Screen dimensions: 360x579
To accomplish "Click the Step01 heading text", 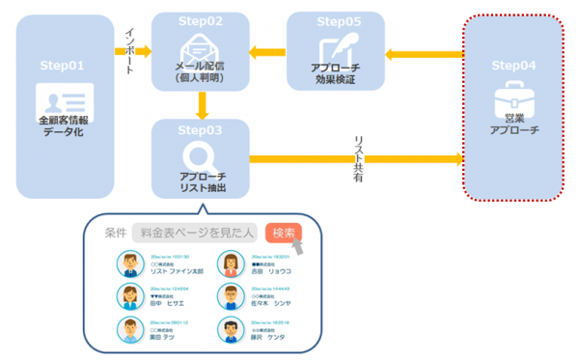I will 63,66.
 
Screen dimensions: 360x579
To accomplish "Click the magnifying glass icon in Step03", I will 200,155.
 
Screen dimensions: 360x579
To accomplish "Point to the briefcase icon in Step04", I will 513,99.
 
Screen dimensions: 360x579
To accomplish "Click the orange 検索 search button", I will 285,233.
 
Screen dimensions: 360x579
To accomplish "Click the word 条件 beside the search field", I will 116,233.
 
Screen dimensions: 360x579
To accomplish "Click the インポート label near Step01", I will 128,47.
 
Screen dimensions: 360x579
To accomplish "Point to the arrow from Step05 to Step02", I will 267,51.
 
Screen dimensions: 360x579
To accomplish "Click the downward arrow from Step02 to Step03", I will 200,103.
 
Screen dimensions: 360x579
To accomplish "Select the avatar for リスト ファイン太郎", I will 128,263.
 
